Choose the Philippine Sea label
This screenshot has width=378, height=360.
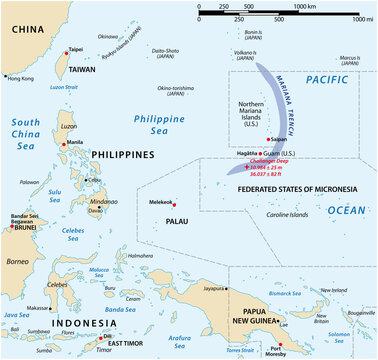(x=159, y=126)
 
